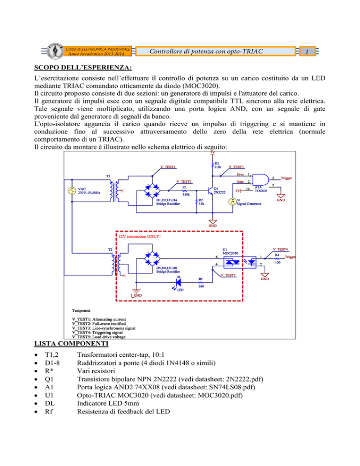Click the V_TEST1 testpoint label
[x=167, y=167]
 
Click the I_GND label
[x=136, y=295]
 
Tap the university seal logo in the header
[x=59, y=51]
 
